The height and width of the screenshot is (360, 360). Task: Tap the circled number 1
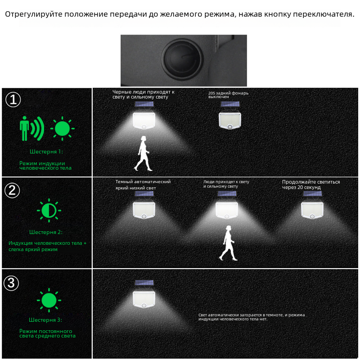point(13,99)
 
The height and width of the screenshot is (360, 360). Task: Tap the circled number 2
point(12,190)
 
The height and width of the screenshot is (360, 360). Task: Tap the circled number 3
point(11,283)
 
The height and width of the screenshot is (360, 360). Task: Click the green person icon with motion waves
point(31,128)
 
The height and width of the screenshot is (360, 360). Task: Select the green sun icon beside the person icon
point(63,128)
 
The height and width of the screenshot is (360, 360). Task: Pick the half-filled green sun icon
point(49,210)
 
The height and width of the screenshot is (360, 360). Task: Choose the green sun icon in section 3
point(49,300)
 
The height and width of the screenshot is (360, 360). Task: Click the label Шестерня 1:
point(46,152)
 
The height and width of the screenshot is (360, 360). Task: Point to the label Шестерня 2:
point(46,232)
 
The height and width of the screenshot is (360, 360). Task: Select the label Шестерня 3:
point(45,320)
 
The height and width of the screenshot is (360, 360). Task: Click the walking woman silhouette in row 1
point(143,153)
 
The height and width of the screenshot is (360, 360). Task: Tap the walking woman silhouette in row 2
point(228,243)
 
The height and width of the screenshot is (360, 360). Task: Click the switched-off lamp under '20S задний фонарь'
point(230,116)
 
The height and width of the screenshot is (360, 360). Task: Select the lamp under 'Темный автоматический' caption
point(144,205)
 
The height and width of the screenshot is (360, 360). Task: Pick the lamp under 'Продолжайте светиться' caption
point(312,205)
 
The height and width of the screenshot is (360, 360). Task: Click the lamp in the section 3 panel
point(144,294)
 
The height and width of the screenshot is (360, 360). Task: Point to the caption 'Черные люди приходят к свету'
point(143,94)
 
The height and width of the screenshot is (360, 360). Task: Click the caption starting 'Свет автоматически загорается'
point(252,317)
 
